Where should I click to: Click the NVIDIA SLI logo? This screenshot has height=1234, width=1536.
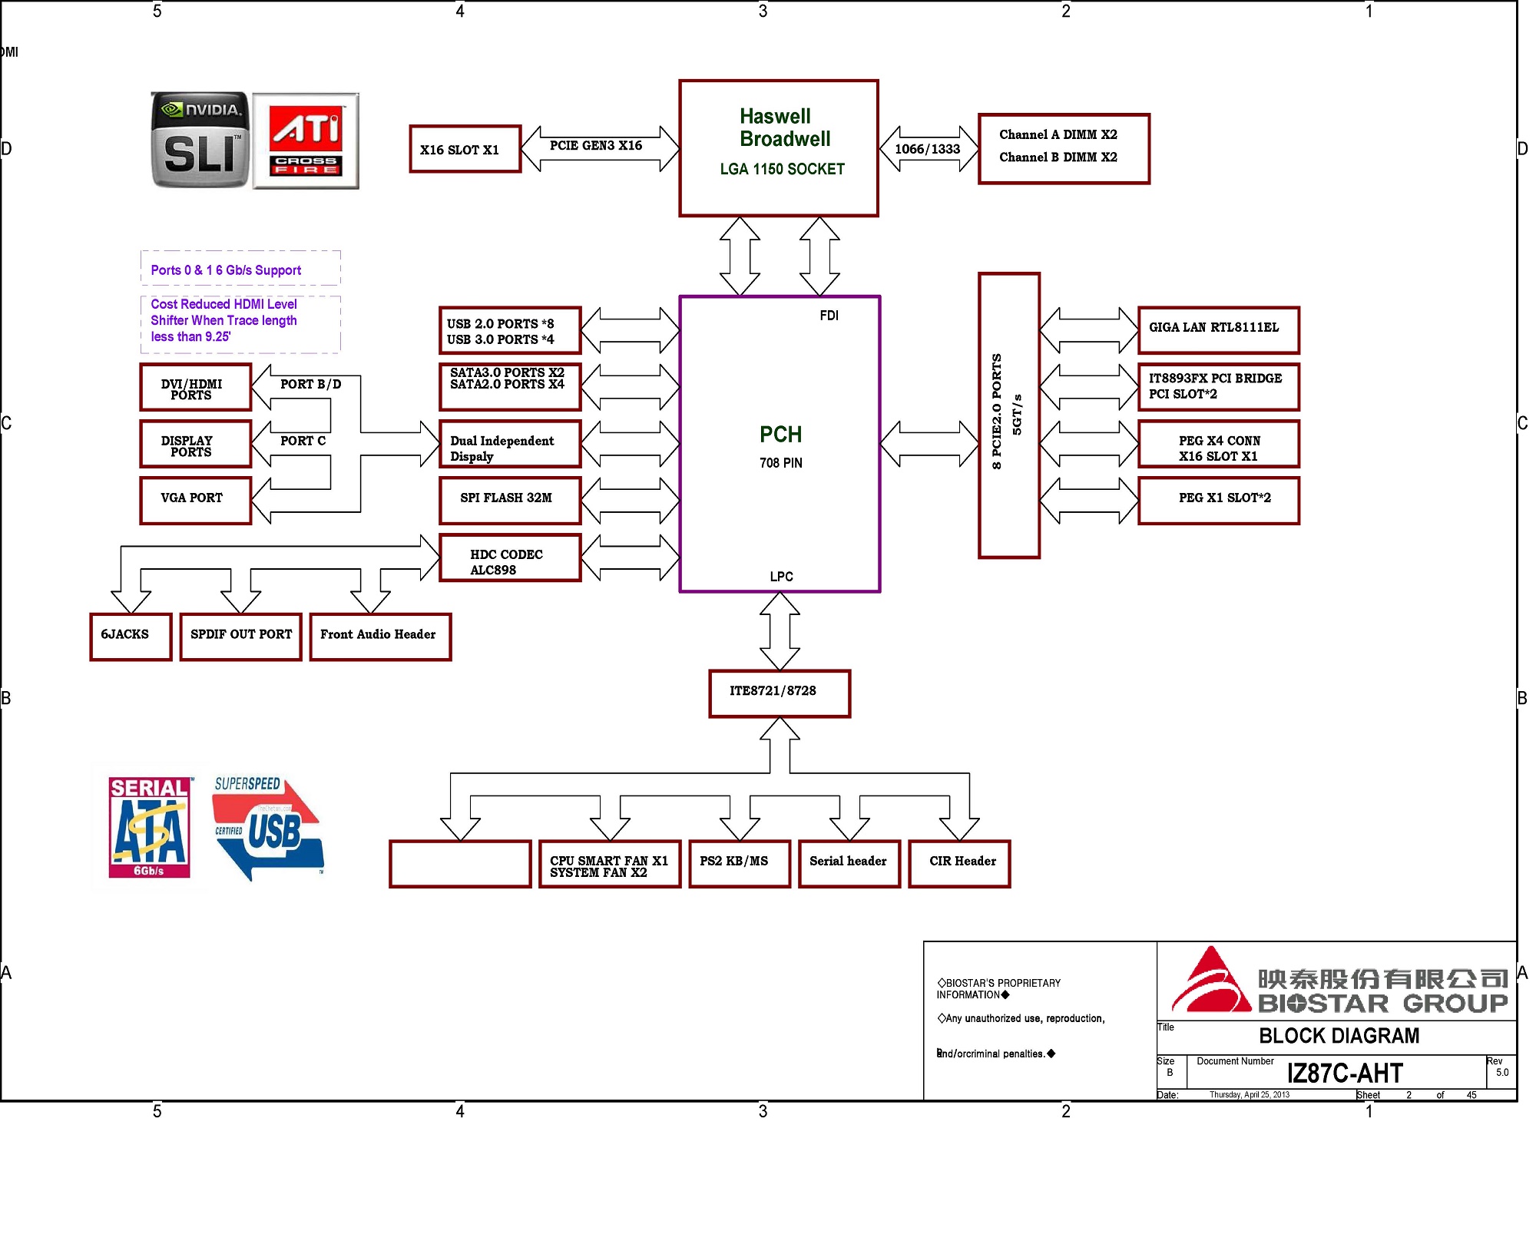200,140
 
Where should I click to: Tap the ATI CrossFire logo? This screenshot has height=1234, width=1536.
306,141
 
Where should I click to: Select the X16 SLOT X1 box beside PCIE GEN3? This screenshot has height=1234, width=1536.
465,149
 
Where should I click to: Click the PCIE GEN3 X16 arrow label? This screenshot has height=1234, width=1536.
596,145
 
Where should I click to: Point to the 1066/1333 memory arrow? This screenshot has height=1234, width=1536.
928,149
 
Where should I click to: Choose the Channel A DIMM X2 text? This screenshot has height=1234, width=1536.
1058,134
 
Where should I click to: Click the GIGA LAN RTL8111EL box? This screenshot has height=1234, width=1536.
1219,330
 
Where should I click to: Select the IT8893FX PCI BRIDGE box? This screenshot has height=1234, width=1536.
1219,387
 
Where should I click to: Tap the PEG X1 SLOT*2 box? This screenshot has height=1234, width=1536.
1219,501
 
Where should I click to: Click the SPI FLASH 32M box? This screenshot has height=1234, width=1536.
510,501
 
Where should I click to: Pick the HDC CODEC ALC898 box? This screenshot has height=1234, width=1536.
510,557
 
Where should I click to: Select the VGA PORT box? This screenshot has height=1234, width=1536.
196,501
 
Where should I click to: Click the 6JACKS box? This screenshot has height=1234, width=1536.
131,637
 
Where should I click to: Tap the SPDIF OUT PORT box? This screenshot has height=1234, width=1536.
241,637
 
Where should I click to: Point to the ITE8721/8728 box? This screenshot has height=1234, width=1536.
780,693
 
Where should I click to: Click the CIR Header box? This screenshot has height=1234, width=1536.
959,864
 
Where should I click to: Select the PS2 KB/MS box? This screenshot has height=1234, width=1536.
740,864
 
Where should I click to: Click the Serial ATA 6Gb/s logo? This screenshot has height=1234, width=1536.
150,827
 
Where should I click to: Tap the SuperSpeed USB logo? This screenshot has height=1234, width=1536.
267,829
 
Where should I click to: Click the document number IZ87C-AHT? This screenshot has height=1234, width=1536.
1345,1073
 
